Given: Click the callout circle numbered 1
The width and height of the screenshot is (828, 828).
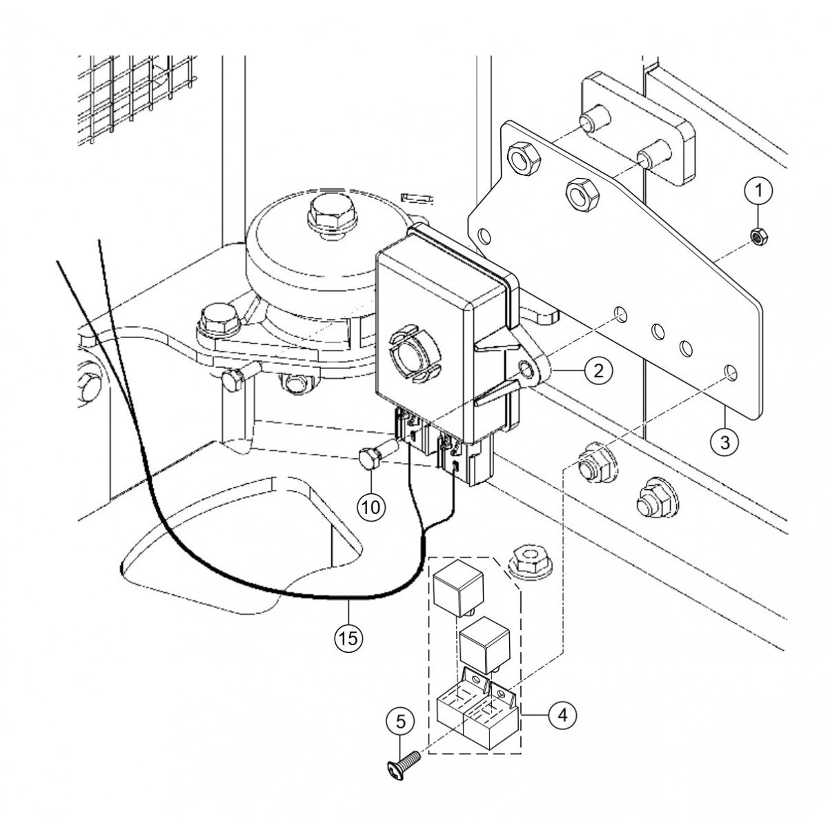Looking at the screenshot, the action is (759, 190).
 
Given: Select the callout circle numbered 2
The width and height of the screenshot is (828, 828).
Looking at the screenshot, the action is (598, 370).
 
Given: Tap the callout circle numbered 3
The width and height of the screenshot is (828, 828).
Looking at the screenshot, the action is (725, 442).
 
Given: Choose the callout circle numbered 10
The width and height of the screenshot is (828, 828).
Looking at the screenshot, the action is (371, 507).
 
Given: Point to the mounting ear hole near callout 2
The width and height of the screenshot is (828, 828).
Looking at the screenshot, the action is (526, 368).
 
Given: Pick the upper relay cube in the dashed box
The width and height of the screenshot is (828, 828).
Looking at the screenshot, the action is (458, 587).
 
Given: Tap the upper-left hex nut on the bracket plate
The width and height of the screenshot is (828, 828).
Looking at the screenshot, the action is (523, 161).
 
